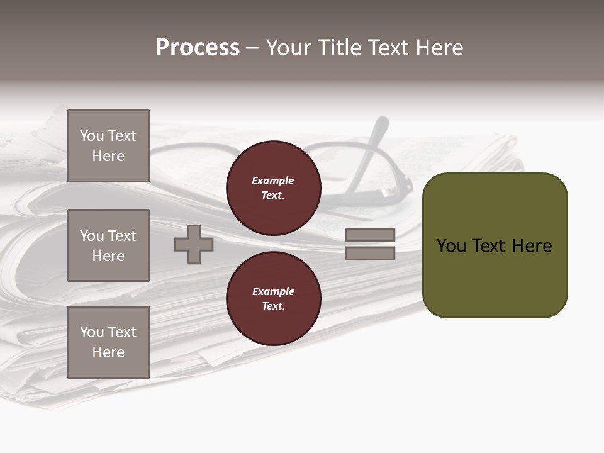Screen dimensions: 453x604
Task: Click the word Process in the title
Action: tap(198, 48)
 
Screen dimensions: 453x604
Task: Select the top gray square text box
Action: tap(108, 146)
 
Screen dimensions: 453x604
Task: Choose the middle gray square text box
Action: tap(108, 245)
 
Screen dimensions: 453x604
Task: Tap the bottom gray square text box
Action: tap(108, 342)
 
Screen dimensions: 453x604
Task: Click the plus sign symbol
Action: tap(194, 244)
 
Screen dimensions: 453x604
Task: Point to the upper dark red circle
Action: tap(274, 188)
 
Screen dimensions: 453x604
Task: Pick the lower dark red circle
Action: tap(274, 299)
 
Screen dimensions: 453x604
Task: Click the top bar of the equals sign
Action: tap(371, 235)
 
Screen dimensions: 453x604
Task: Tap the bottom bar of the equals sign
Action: tap(371, 253)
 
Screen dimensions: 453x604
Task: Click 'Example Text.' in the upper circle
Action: tap(273, 188)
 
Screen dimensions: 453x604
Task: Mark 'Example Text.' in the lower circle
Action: tap(273, 299)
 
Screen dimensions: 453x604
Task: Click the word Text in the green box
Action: tap(489, 246)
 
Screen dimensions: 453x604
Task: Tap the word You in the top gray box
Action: tap(92, 136)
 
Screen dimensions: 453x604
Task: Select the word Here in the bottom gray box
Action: tap(108, 352)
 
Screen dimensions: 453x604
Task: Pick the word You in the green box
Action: tap(451, 246)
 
